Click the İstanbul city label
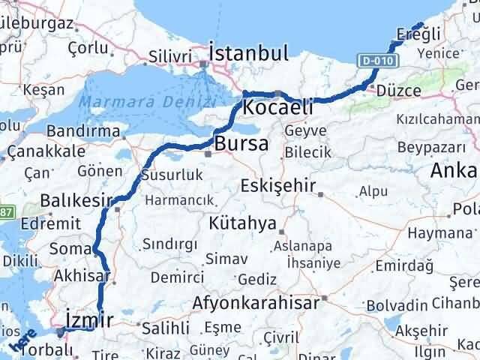249,53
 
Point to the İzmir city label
90,320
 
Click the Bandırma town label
79,131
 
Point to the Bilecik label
307,153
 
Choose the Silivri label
166,55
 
